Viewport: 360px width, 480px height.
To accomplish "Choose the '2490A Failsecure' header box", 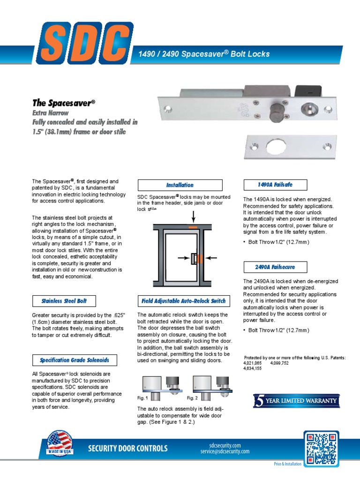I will coord(275,267).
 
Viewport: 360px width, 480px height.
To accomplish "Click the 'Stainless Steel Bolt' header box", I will coord(61,300).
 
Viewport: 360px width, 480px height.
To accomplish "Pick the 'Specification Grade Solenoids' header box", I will coord(74,360).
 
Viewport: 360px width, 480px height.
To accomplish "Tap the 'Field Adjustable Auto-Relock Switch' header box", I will coord(183,300).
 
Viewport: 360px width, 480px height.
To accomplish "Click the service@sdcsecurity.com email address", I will coord(225,451).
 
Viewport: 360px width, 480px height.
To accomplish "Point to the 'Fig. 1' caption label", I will coord(142,398).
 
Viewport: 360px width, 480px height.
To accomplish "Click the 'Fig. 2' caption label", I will coord(193,398).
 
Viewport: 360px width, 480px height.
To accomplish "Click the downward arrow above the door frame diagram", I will coord(193,217).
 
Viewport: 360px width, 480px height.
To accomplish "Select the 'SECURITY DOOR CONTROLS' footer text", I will coord(127,449).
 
